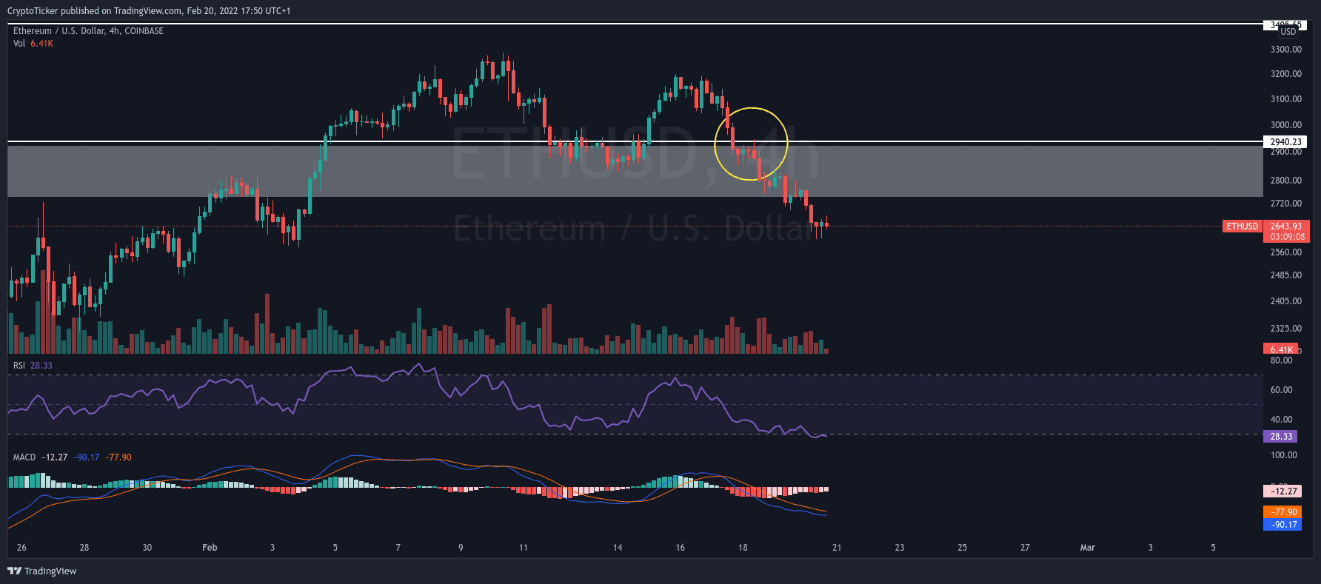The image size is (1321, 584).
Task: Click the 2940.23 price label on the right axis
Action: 1285,142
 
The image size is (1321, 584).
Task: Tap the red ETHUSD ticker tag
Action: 1242,226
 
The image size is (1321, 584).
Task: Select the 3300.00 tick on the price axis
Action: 1285,50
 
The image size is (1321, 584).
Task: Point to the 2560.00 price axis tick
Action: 1285,252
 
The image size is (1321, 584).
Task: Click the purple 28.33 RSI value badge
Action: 1281,437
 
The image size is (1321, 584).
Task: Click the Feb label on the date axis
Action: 210,548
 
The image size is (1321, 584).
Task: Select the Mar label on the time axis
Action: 1087,548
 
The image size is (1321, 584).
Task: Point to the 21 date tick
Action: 837,548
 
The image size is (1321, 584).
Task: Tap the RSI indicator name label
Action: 19,366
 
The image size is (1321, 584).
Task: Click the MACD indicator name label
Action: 24,457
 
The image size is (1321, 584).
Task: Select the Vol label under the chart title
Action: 19,44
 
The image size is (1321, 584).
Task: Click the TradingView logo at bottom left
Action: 42,571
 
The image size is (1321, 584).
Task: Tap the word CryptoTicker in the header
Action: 33,11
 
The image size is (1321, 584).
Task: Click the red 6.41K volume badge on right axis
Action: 1281,349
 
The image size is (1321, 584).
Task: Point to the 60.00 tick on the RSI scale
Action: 1281,390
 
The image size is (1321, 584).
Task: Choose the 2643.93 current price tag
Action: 1285,226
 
